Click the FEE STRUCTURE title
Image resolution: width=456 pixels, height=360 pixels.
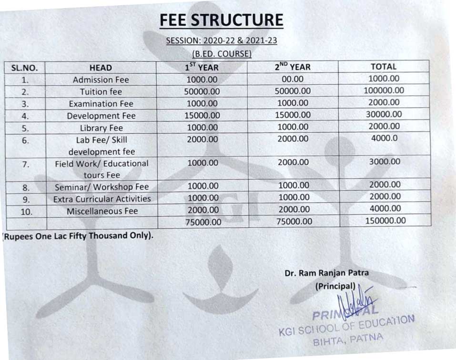(x=221, y=20)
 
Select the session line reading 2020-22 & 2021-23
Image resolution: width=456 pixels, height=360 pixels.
(x=221, y=40)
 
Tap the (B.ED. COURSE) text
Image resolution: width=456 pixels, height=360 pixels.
(x=221, y=54)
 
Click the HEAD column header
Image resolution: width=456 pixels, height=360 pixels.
(x=101, y=68)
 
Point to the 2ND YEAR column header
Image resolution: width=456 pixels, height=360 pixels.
(x=292, y=67)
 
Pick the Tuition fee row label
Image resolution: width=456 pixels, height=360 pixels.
(x=101, y=92)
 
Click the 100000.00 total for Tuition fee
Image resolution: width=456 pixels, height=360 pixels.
(x=384, y=90)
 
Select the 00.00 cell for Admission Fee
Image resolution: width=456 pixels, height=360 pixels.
(x=292, y=80)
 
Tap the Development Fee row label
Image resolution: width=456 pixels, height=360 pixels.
(x=101, y=116)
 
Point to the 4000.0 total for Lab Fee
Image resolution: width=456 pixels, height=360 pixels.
(x=385, y=139)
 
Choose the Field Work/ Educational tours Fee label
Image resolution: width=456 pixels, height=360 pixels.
(x=101, y=169)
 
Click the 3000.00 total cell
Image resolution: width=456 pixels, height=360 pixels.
(x=385, y=162)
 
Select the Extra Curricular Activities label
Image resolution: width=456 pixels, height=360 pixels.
(x=102, y=199)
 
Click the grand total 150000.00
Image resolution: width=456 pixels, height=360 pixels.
(x=385, y=220)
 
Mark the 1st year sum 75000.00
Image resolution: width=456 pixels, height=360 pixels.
(x=203, y=222)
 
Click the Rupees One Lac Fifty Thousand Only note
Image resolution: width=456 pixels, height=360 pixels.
(x=79, y=236)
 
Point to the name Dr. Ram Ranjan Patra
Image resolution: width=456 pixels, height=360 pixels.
(x=326, y=273)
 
